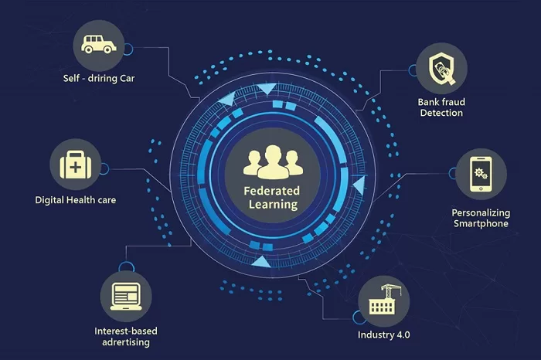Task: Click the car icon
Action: pyautogui.click(x=98, y=44)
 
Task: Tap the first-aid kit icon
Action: pyautogui.click(x=76, y=165)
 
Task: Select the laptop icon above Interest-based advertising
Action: pyautogui.click(x=126, y=297)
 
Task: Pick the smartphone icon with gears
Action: pyautogui.click(x=481, y=174)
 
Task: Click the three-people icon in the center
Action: pyautogui.click(x=274, y=161)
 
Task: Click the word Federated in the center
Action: pyautogui.click(x=272, y=191)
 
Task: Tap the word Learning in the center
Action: pyautogui.click(x=274, y=205)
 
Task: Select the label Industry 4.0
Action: pyautogui.click(x=383, y=335)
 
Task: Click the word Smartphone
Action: pyautogui.click(x=481, y=224)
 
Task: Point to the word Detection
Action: pyautogui.click(x=441, y=113)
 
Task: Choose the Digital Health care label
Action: pyautogui.click(x=76, y=200)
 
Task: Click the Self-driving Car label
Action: pyautogui.click(x=99, y=78)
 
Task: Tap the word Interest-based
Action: pyautogui.click(x=126, y=331)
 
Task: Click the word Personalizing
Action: pyautogui.click(x=481, y=212)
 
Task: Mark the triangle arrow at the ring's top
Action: pyautogui.click(x=267, y=89)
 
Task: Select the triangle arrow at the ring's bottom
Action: pyautogui.click(x=261, y=262)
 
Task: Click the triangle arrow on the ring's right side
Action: pyautogui.click(x=359, y=185)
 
